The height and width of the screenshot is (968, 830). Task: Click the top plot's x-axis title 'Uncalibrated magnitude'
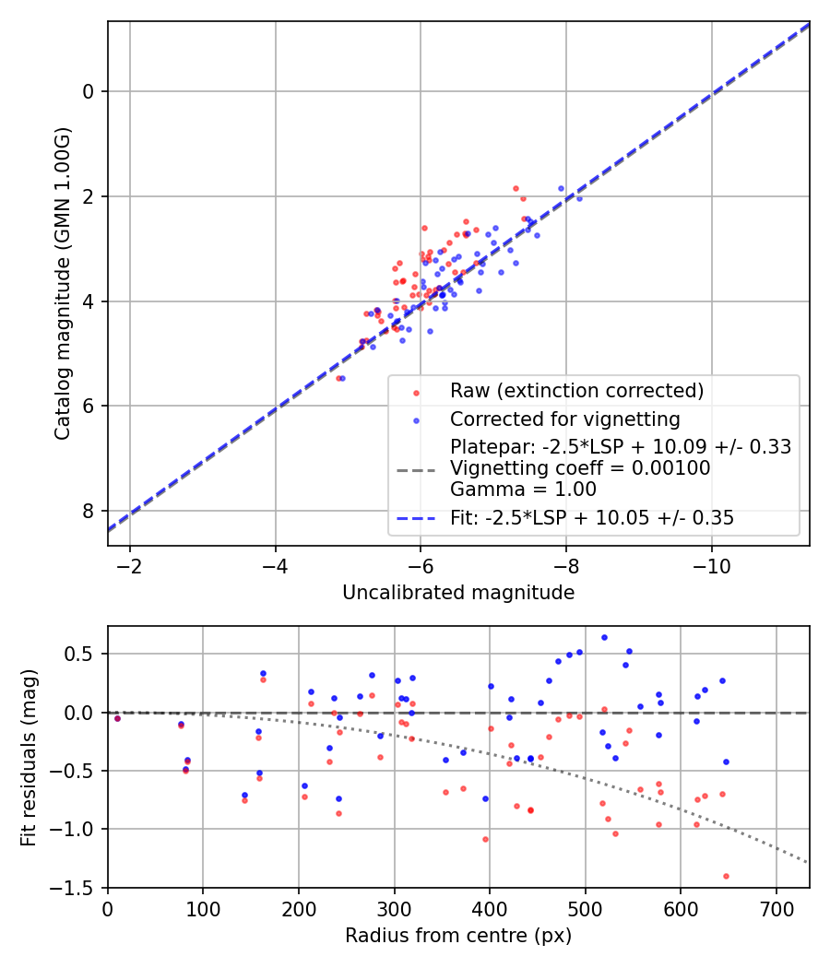coord(458,593)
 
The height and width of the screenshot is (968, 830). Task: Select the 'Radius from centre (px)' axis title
coord(458,936)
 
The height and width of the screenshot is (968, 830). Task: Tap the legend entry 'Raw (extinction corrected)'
coord(576,391)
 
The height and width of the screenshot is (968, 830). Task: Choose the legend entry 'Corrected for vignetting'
coord(564,419)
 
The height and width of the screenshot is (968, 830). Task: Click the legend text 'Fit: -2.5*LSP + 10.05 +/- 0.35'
coord(592,518)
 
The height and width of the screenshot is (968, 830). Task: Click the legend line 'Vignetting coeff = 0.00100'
coord(580,468)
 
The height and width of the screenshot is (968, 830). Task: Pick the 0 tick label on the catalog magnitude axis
coord(89,91)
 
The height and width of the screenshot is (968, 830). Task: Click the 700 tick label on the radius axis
coord(776,907)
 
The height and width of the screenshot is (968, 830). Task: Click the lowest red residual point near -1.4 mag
coord(726,876)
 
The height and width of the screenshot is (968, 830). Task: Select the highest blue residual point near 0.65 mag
coord(604,637)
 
